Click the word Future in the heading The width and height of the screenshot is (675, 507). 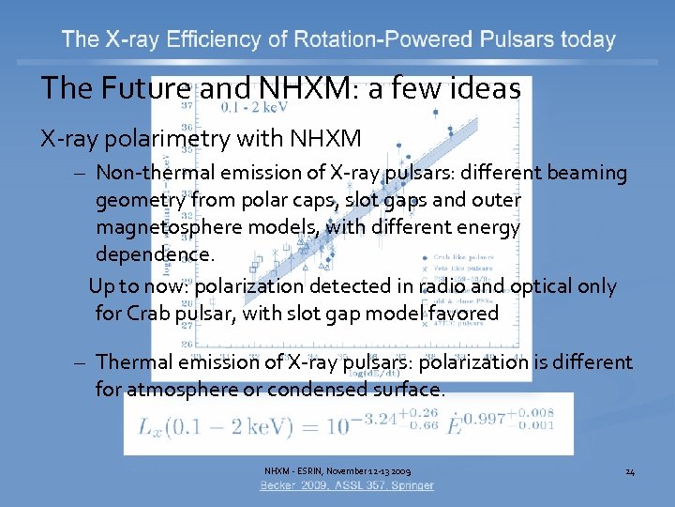tap(139, 88)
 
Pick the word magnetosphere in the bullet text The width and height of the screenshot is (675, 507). tap(162, 227)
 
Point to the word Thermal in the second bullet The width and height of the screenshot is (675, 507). tap(133, 361)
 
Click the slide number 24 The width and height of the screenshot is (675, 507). tap(630, 470)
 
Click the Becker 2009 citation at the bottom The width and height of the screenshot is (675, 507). tap(347, 485)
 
